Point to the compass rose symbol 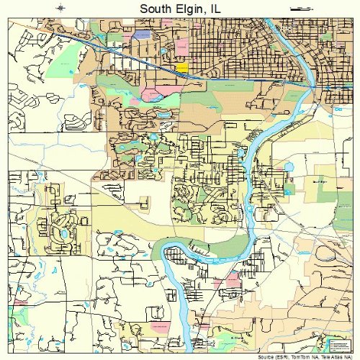click(x=63, y=8)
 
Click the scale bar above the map click(x=299, y=8)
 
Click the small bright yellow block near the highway click(x=182, y=67)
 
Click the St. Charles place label click(x=237, y=337)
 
